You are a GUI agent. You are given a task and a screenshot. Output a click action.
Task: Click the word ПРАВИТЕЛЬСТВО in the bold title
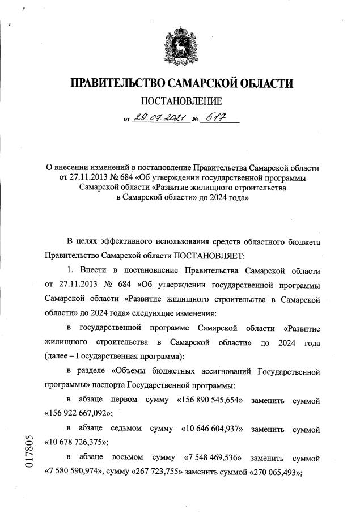[x=116, y=84]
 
